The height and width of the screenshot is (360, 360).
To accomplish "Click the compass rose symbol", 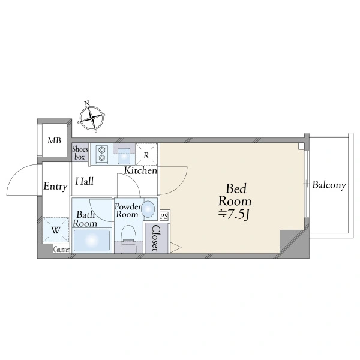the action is tap(91, 118).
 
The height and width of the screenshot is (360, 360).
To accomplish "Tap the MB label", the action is tap(54, 140).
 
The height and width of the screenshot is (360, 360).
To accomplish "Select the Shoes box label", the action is tap(80, 153).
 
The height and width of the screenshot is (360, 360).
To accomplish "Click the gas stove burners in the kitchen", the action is tap(102, 154).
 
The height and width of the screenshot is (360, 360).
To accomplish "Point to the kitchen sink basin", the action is tap(124, 156).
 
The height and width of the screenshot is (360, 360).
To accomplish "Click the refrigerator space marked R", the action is tap(146, 154).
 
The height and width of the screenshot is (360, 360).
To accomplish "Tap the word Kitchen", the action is tap(140, 170).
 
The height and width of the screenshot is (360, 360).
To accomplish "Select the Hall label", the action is tap(85, 181).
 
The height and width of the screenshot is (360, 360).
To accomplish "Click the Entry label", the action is tap(55, 186).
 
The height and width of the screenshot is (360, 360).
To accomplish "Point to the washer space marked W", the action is tap(56, 230).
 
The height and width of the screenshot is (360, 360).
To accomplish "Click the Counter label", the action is tap(61, 250).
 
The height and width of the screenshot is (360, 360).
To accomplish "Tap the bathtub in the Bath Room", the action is tap(92, 241).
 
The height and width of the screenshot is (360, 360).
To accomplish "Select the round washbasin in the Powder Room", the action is tap(148, 209).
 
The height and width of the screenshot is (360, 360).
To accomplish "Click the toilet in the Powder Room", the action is tap(129, 239).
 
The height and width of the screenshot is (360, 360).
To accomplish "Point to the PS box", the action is tap(164, 216).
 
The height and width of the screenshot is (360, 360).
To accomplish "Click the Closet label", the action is tap(155, 238).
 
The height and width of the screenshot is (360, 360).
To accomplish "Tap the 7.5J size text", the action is tap(234, 214).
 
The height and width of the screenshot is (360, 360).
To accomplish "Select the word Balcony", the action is tap(329, 185).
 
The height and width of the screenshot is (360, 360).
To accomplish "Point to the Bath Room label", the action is tap(85, 219).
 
